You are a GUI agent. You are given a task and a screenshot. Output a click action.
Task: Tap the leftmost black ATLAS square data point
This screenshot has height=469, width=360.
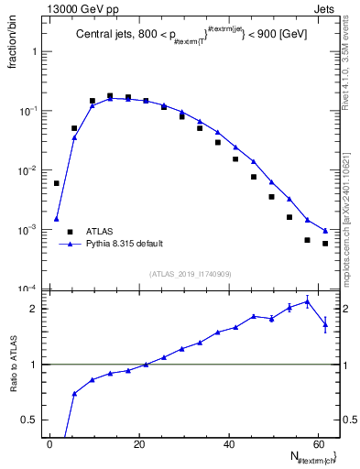tap(56, 183)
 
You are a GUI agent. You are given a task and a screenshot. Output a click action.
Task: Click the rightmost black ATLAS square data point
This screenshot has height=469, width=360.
tap(325, 244)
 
